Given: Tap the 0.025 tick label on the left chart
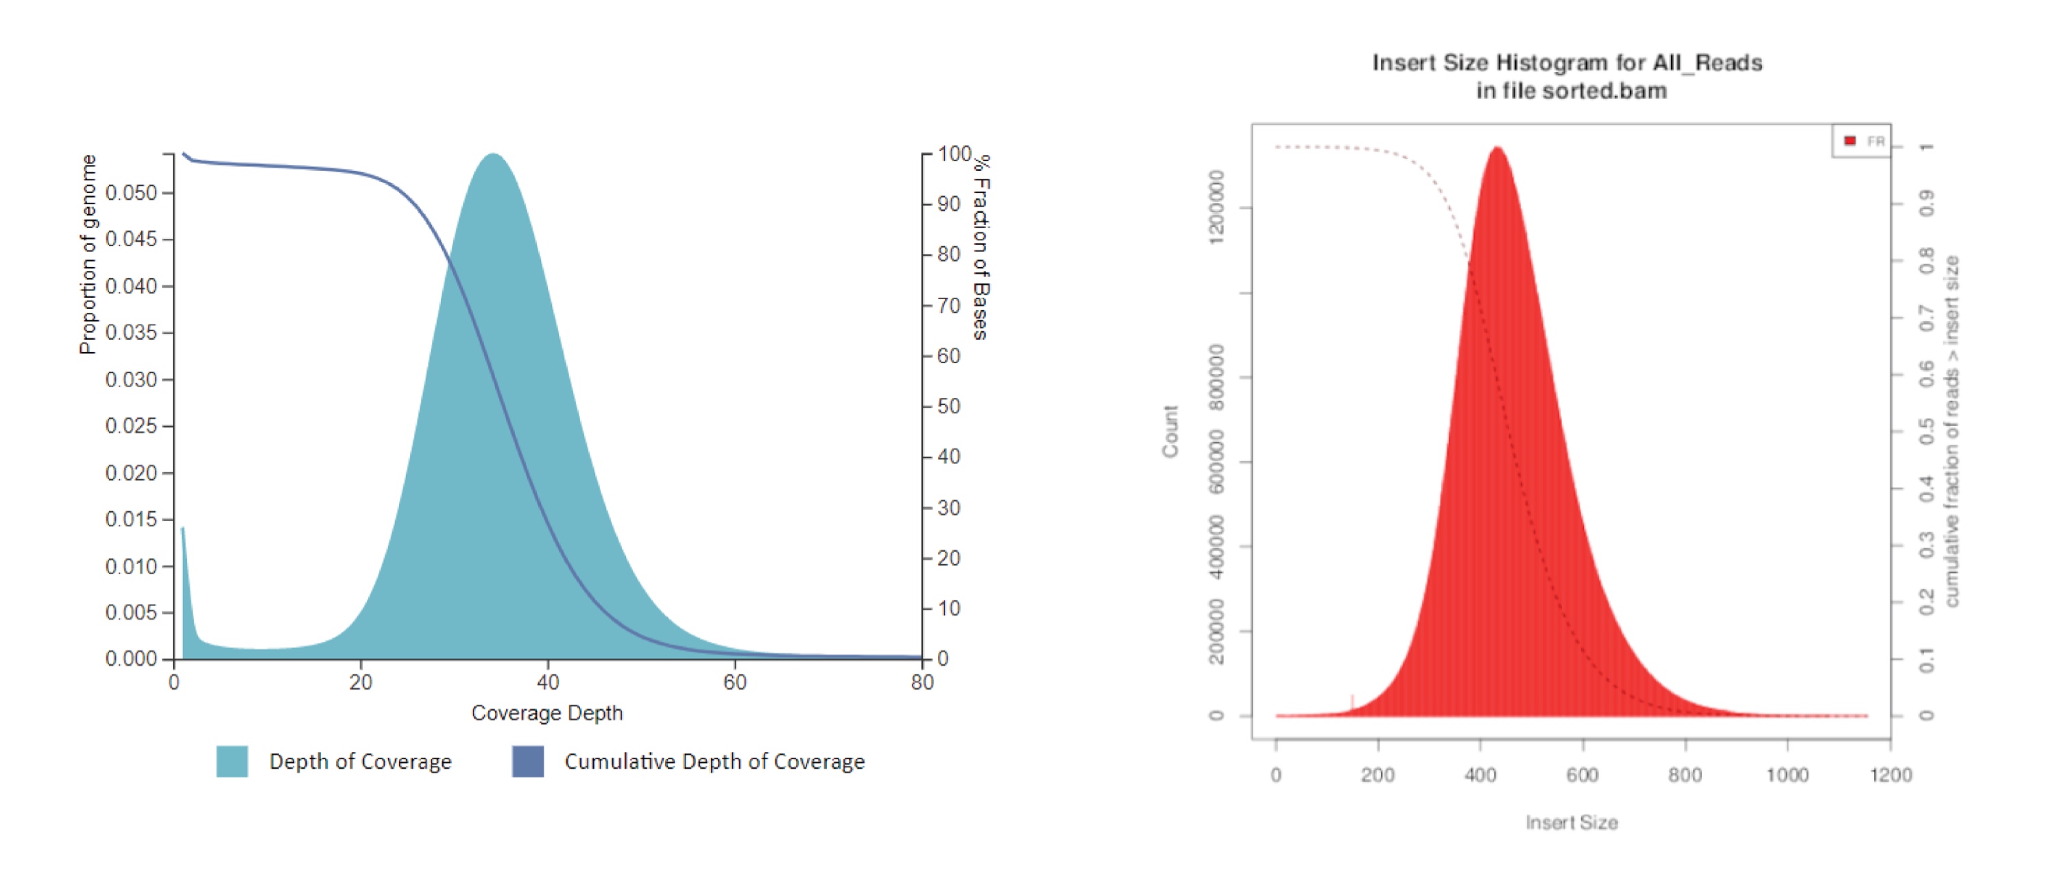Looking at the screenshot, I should pyautogui.click(x=131, y=425).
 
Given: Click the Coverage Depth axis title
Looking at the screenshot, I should pyautogui.click(x=547, y=712).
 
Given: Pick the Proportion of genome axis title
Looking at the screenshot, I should pyautogui.click(x=88, y=254).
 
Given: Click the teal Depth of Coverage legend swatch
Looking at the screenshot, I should pyautogui.click(x=232, y=761).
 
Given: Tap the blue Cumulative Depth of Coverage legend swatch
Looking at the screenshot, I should pyautogui.click(x=528, y=761).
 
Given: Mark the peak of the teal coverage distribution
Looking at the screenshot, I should pyautogui.click(x=494, y=155).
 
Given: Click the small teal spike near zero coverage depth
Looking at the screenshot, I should pyautogui.click(x=183, y=529).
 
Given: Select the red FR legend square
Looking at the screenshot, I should pyautogui.click(x=1849, y=141).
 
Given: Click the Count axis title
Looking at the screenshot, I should pyautogui.click(x=1170, y=432).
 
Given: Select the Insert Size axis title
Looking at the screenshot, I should pyautogui.click(x=1572, y=822).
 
